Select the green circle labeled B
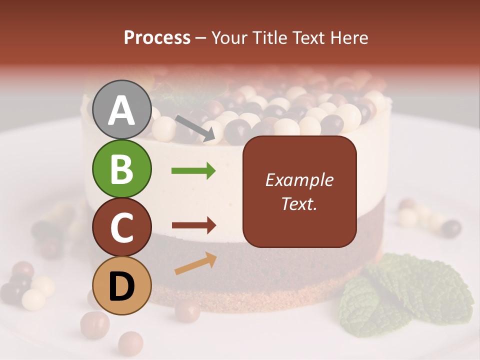[121, 168]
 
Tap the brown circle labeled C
[121, 227]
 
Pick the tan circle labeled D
[121, 285]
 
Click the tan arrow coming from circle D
[195, 263]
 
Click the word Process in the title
[157, 38]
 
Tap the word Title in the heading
[270, 38]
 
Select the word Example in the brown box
[299, 180]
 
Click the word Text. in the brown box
[299, 203]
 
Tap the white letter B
[121, 168]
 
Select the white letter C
[121, 228]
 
